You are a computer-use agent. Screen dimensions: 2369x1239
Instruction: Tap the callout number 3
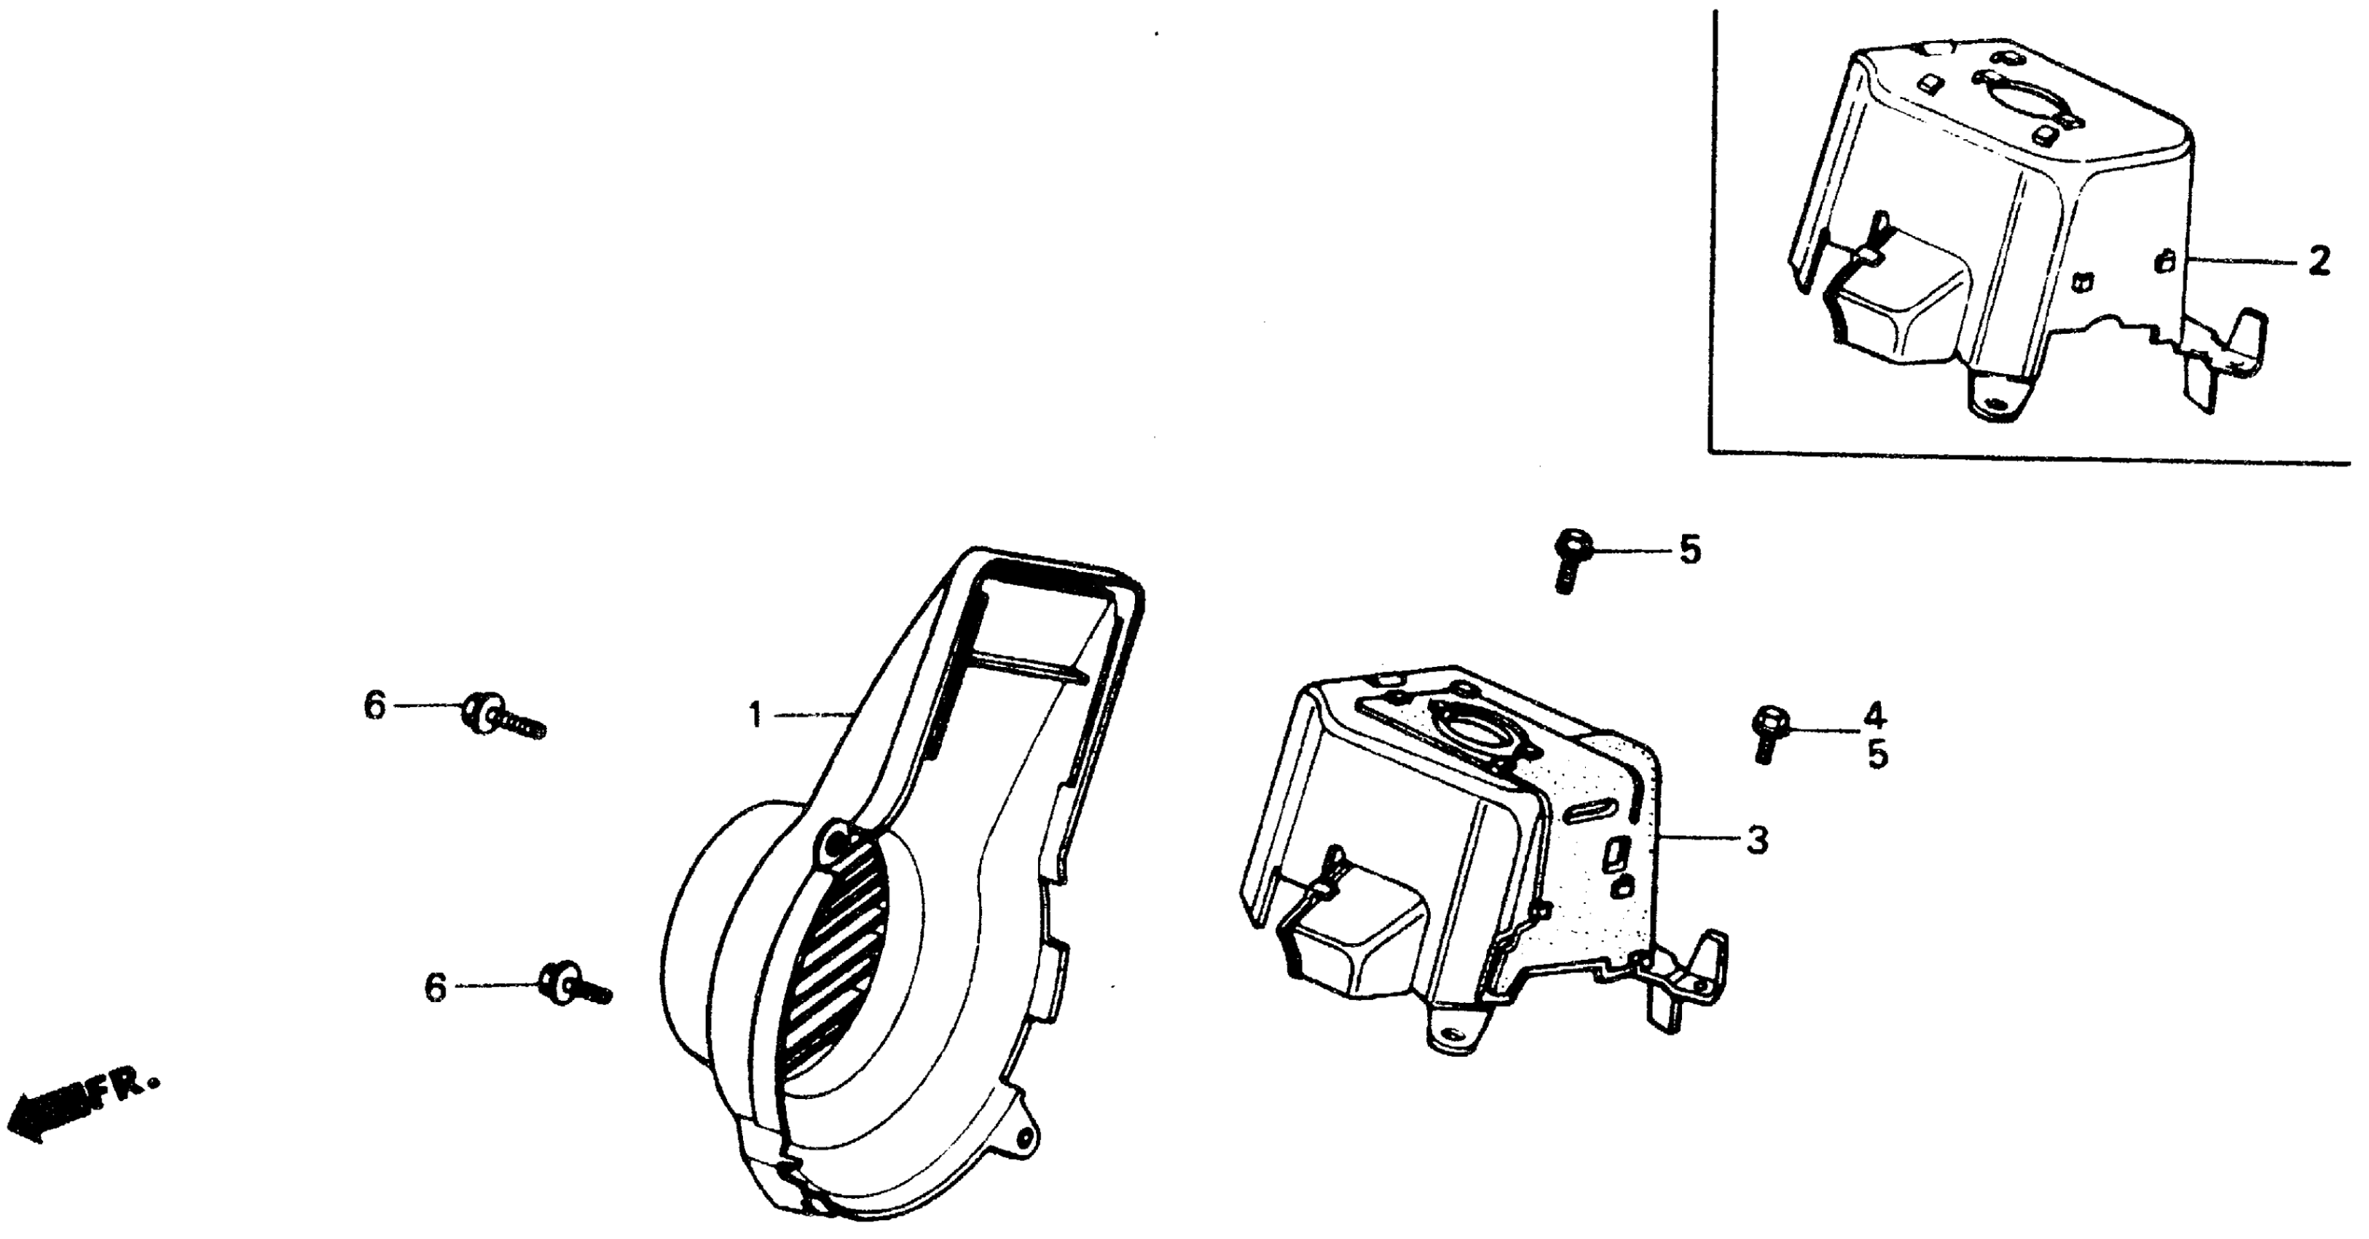click(x=1757, y=839)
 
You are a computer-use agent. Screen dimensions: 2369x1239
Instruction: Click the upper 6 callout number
click(x=374, y=706)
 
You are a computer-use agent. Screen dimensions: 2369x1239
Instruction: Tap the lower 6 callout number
click(x=435, y=988)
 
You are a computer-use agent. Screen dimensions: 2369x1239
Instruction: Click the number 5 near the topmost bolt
click(x=1690, y=550)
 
